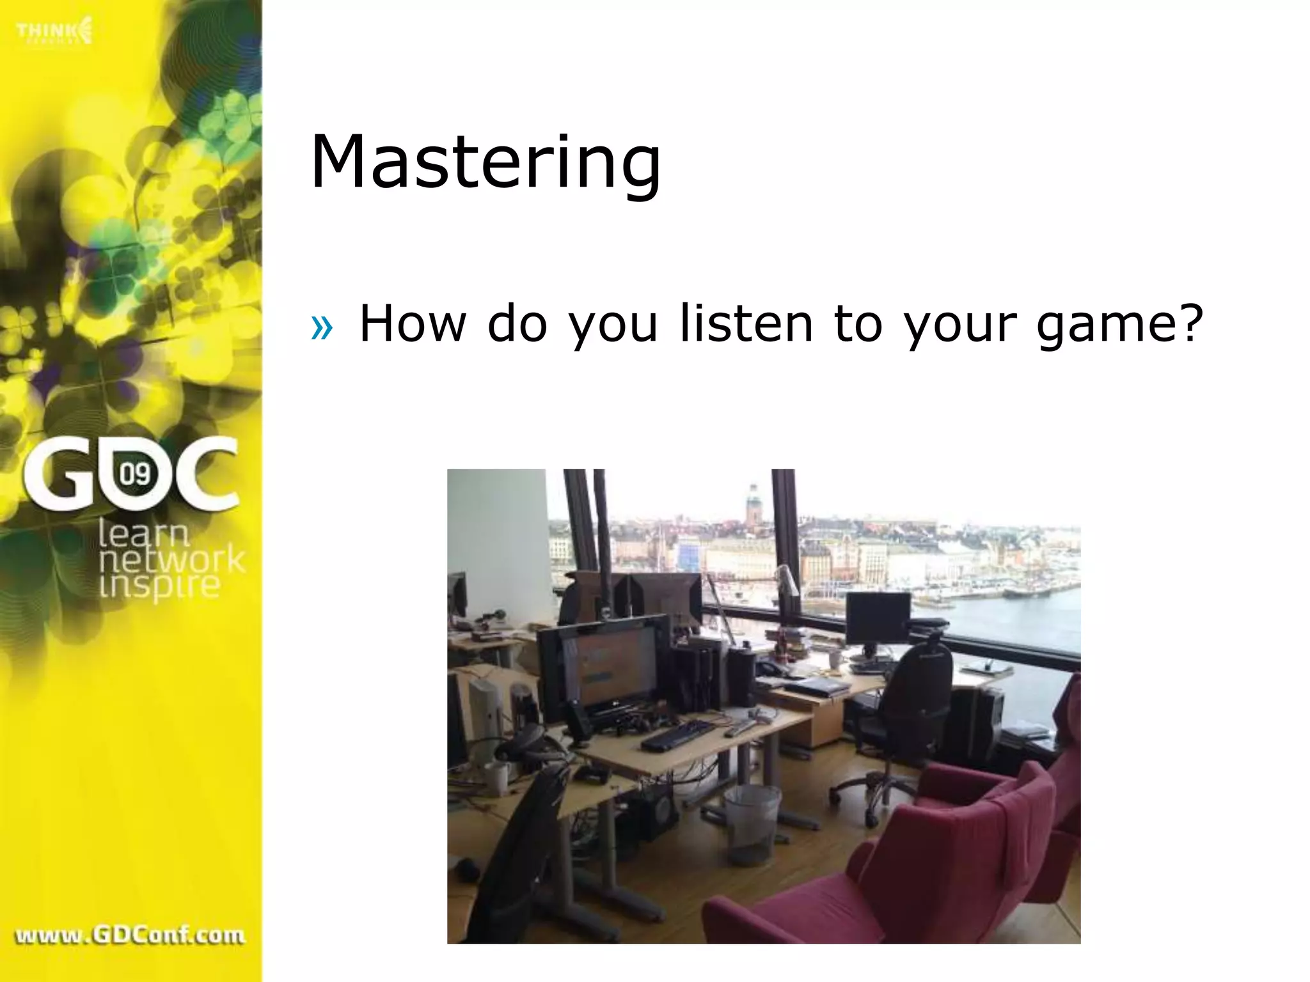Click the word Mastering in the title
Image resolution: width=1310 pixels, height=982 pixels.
pos(485,163)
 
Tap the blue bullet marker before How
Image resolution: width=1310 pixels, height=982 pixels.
pos(322,327)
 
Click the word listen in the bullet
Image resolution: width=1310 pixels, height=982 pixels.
pos(746,323)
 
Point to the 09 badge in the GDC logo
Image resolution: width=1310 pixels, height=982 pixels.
pos(135,474)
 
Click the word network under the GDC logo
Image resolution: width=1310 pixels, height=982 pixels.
pos(171,559)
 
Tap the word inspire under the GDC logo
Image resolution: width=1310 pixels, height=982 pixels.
pos(159,585)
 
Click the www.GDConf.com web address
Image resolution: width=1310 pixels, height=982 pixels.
pos(130,935)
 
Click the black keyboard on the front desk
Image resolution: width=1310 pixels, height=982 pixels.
pos(678,736)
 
